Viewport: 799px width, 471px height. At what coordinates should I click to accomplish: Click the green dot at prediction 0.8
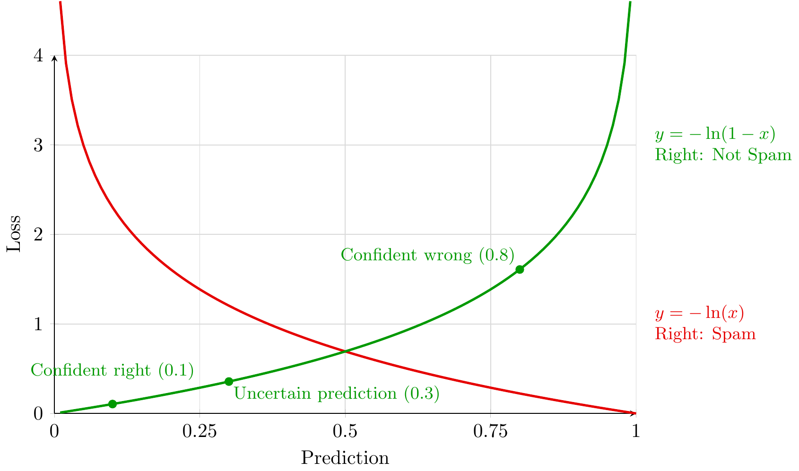520,269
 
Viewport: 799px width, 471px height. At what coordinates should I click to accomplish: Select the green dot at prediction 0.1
113,404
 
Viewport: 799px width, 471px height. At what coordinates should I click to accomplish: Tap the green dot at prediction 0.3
229,381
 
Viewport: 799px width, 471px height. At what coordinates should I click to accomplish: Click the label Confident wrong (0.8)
427,255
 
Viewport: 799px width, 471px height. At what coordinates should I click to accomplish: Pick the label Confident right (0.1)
113,371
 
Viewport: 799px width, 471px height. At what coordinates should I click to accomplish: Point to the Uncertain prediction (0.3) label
337,394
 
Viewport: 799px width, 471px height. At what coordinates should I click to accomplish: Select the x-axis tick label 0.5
345,431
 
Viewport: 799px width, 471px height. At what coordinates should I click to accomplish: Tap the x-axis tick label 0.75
490,431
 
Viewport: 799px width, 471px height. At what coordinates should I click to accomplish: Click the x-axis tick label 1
636,431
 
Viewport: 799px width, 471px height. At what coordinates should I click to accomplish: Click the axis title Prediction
345,458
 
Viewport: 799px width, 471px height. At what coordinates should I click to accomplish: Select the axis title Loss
14,234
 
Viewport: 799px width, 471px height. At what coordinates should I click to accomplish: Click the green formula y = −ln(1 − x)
715,135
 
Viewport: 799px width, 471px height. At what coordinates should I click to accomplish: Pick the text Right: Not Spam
723,155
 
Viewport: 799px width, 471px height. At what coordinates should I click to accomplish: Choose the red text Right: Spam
705,334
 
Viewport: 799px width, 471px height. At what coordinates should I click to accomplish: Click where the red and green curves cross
345,351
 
